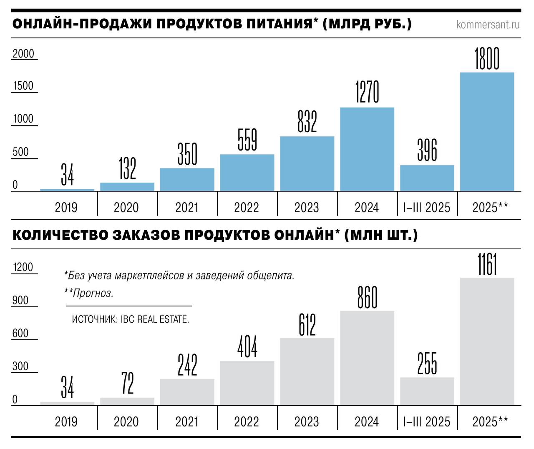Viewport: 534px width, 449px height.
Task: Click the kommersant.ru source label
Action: (488, 24)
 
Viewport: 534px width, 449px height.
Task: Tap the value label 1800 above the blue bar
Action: (487, 58)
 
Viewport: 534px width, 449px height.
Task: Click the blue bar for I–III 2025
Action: (427, 178)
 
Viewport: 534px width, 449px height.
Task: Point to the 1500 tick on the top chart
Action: (23, 86)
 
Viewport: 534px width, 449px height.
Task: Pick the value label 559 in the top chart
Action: (247, 140)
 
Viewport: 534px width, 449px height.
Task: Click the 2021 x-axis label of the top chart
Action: (186, 207)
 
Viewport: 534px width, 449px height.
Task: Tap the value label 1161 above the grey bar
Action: (487, 264)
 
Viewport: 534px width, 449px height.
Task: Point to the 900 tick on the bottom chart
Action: (20, 300)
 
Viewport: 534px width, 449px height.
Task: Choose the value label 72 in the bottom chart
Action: (128, 383)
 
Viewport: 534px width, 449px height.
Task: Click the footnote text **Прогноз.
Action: (89, 293)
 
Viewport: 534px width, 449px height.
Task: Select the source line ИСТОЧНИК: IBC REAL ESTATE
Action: (131, 319)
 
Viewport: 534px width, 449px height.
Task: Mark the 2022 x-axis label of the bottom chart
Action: (247, 421)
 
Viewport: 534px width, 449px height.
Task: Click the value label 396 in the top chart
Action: (427, 151)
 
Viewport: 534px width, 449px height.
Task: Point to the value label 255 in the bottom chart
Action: (427, 364)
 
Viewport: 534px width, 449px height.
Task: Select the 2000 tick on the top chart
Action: (23, 54)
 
